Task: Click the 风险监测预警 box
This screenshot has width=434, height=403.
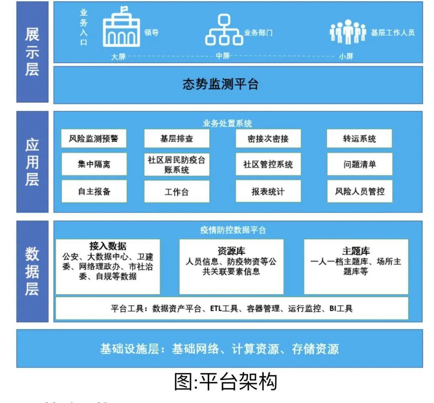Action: coord(94,138)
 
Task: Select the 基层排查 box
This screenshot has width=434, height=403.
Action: coord(176,138)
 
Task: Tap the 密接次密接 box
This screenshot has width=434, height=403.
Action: coord(268,138)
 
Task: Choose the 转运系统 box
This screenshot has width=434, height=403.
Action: coord(359,138)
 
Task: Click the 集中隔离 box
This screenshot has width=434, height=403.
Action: coord(94,164)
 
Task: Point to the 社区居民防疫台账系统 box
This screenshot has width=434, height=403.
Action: coord(176,165)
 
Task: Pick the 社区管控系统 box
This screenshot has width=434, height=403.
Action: coord(268,164)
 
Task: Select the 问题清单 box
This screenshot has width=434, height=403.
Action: coord(359,164)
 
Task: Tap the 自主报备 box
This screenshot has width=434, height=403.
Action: coord(94,191)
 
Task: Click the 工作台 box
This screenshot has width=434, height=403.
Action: coord(176,192)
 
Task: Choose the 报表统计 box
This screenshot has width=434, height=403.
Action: coord(268,191)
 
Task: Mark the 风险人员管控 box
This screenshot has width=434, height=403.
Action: coord(359,191)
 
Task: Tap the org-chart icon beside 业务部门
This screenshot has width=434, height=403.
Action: coord(224,30)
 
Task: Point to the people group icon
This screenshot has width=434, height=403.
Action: coord(348,32)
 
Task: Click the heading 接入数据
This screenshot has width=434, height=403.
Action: coord(108,246)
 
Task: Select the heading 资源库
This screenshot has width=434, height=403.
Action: coord(231,251)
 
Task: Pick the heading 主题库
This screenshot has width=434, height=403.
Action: coord(356,251)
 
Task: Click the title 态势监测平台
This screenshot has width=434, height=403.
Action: coord(221,84)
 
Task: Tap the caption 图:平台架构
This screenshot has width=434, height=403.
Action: coord(226,381)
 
